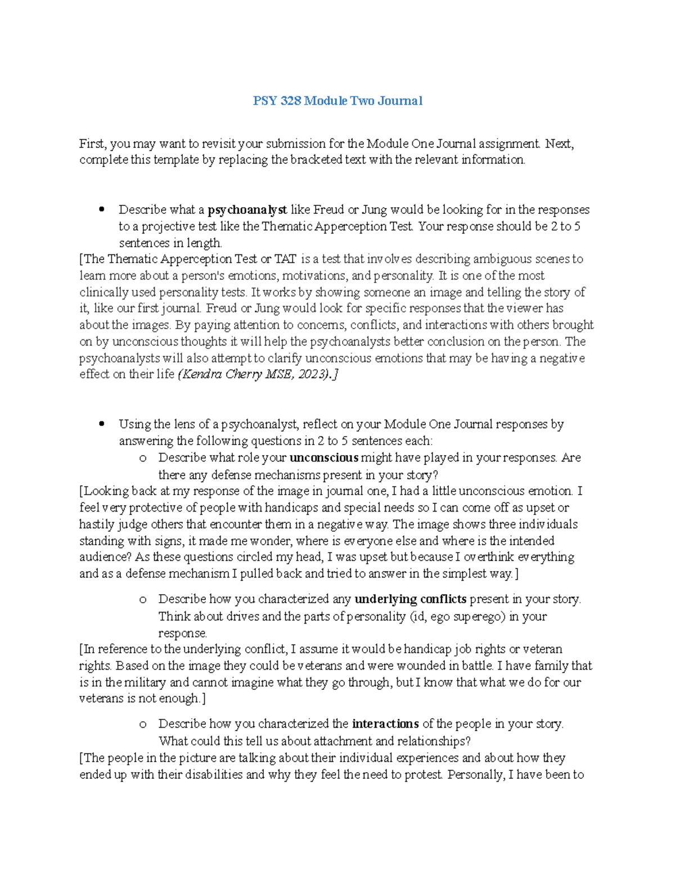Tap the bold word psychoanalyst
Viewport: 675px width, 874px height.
point(247,210)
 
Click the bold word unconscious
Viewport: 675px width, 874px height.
point(323,458)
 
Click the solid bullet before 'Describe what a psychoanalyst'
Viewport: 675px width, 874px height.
point(102,210)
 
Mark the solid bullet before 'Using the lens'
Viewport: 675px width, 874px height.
point(102,424)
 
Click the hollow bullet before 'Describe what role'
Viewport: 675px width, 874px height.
point(143,458)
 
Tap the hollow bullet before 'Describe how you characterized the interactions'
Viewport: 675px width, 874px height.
point(143,724)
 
